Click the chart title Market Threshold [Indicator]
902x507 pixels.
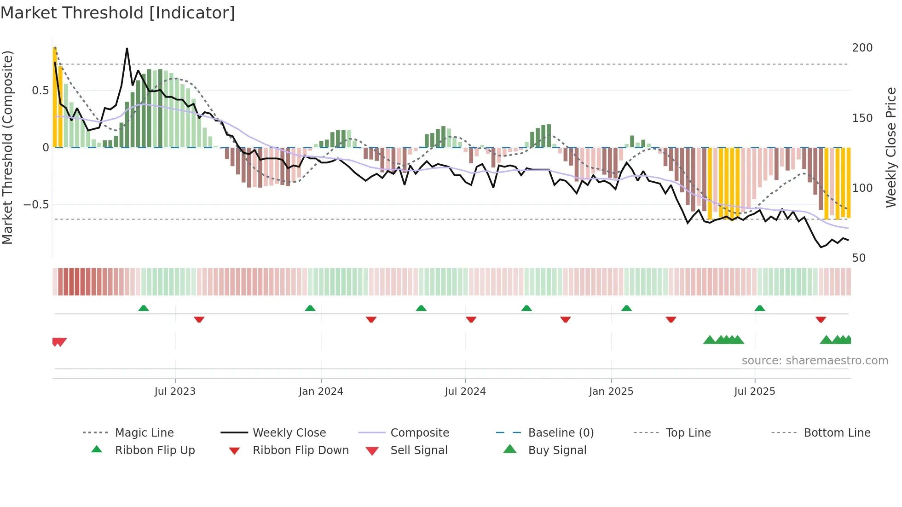pyautogui.click(x=118, y=13)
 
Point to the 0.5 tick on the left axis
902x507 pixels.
pyautogui.click(x=40, y=91)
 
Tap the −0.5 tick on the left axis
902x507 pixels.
pyautogui.click(x=36, y=205)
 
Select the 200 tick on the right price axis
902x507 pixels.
pyautogui.click(x=862, y=48)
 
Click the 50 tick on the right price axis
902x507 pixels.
pyautogui.click(x=859, y=258)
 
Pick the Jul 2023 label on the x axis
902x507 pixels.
pyautogui.click(x=175, y=392)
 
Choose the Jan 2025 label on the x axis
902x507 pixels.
pyautogui.click(x=611, y=392)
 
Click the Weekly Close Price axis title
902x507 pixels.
pyautogui.click(x=891, y=147)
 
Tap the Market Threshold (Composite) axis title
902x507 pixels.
pyautogui.click(x=8, y=147)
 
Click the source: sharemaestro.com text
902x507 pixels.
pyautogui.click(x=815, y=361)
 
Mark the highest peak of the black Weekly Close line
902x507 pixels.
pyautogui.click(x=127, y=48)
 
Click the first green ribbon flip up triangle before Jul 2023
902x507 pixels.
pyautogui.click(x=144, y=308)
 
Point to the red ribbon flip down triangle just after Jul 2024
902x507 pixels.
pyautogui.click(x=471, y=319)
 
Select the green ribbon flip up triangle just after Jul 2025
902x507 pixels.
pyautogui.click(x=760, y=308)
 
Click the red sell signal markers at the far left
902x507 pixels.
pyautogui.click(x=59, y=342)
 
